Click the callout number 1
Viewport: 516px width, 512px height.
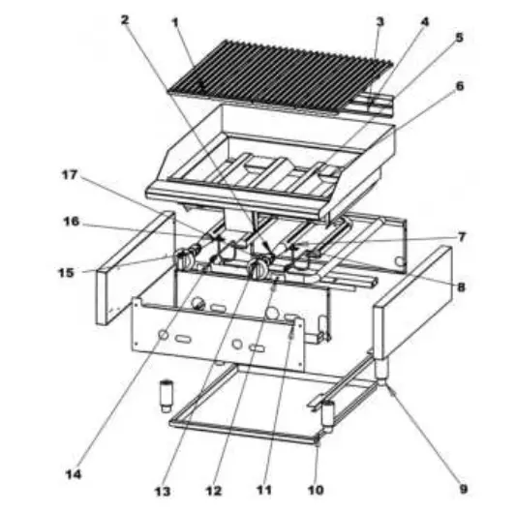coord(175,19)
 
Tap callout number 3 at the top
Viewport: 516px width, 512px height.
coord(379,20)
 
